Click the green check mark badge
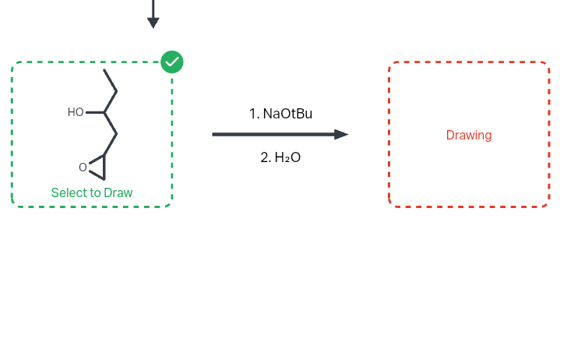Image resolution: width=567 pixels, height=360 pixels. tap(172, 62)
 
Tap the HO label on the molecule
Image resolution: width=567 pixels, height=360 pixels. tap(76, 112)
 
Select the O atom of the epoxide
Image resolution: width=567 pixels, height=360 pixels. tap(83, 167)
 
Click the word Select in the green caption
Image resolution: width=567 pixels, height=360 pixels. tap(67, 192)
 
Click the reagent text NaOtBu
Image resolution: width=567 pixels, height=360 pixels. tap(287, 114)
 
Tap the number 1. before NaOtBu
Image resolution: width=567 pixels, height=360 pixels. tap(254, 114)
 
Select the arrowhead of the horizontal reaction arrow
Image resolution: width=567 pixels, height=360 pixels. tap(341, 134)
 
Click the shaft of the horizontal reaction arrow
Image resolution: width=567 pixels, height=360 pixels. tap(273, 134)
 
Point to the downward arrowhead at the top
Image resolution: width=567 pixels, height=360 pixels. tap(153, 23)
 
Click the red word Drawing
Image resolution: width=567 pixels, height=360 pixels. tap(469, 135)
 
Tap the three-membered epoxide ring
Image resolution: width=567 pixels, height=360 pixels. tap(97, 166)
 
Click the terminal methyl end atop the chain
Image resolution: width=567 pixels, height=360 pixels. tap(104, 71)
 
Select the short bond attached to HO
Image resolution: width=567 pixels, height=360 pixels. tap(94, 112)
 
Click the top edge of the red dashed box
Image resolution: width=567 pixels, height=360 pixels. tap(469, 62)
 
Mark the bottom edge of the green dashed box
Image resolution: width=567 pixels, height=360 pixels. tap(92, 206)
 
